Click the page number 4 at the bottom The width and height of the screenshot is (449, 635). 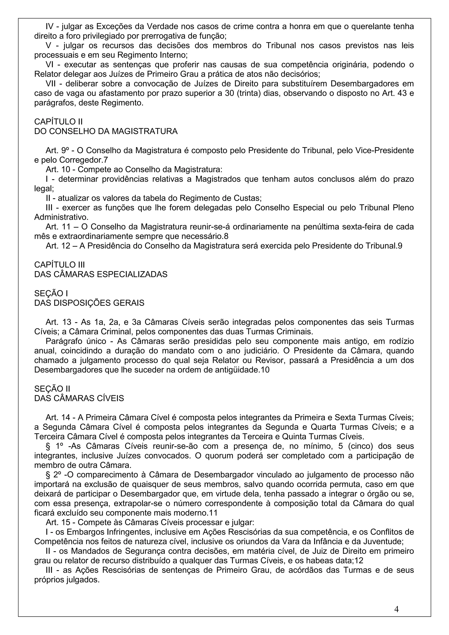pos(396,609)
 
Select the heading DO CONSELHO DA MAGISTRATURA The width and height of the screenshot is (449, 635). pos(106,131)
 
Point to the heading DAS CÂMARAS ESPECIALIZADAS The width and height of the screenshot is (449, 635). pos(101,274)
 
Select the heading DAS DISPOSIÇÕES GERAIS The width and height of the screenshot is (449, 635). pos(89,303)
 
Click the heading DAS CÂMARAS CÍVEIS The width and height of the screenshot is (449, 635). pos(79,399)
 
